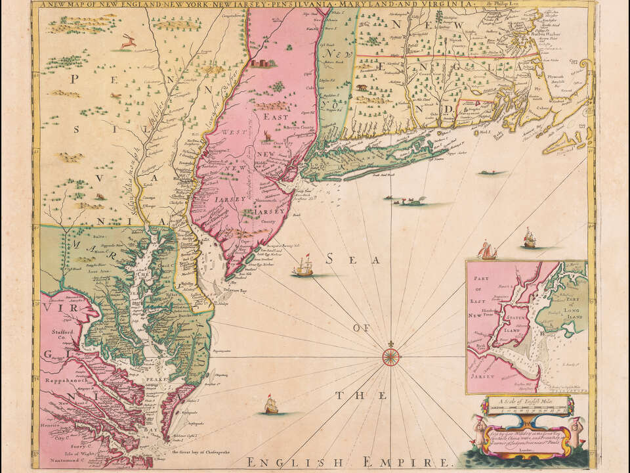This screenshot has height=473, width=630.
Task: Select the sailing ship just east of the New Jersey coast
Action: (304, 266)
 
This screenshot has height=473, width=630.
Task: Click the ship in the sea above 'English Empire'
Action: (271, 406)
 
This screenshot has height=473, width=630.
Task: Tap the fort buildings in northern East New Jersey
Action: (264, 63)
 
